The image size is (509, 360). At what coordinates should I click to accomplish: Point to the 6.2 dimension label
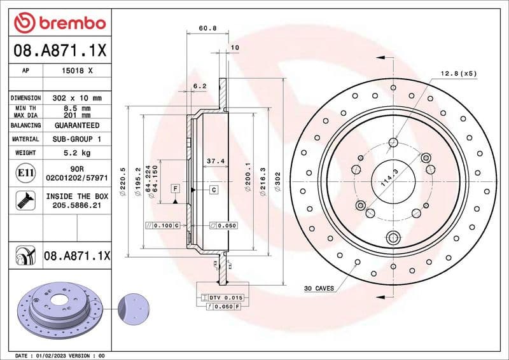pyautogui.click(x=200, y=86)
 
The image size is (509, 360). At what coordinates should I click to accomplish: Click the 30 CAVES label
pyautogui.click(x=319, y=289)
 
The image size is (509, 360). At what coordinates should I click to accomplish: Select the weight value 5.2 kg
pyautogui.click(x=78, y=153)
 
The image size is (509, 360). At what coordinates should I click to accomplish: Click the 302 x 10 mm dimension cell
pyautogui.click(x=78, y=98)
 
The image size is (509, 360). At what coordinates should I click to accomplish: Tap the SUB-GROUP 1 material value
pyautogui.click(x=78, y=139)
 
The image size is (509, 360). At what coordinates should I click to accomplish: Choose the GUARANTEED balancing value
pyautogui.click(x=78, y=126)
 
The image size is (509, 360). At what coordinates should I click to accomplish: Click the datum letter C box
pyautogui.click(x=214, y=190)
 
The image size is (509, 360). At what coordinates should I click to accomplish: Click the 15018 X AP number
pyautogui.click(x=78, y=71)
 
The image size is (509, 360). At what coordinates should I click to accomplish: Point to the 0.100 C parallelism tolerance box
pyautogui.click(x=163, y=226)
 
